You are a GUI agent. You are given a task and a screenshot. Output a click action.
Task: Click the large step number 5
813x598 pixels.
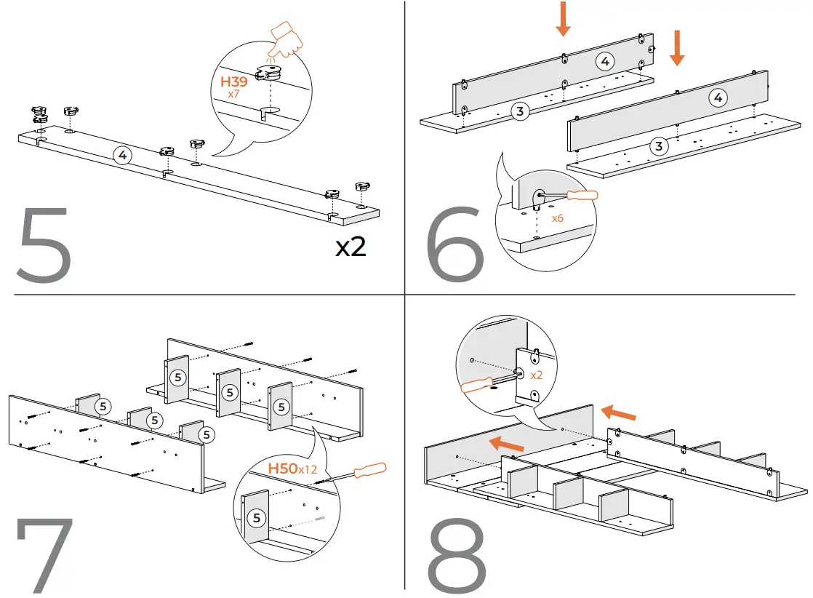44,245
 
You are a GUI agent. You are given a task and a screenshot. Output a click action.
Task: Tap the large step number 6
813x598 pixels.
456,245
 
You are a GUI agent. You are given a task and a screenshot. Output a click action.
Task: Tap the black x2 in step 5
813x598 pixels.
351,247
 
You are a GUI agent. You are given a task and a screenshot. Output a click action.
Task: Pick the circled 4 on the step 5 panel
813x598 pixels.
123,154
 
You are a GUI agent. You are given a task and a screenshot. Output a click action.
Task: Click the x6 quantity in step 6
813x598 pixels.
558,218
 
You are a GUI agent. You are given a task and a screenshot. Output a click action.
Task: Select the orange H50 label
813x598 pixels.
282,469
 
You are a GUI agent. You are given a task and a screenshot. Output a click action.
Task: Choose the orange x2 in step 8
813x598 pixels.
537,375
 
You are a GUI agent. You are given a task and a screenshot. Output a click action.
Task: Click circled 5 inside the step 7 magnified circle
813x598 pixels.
256,518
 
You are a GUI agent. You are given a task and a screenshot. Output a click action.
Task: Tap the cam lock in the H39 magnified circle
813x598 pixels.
271,73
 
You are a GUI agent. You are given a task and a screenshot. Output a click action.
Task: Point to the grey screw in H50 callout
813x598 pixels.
321,519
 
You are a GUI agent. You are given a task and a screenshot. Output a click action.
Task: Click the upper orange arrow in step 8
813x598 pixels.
619,412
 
